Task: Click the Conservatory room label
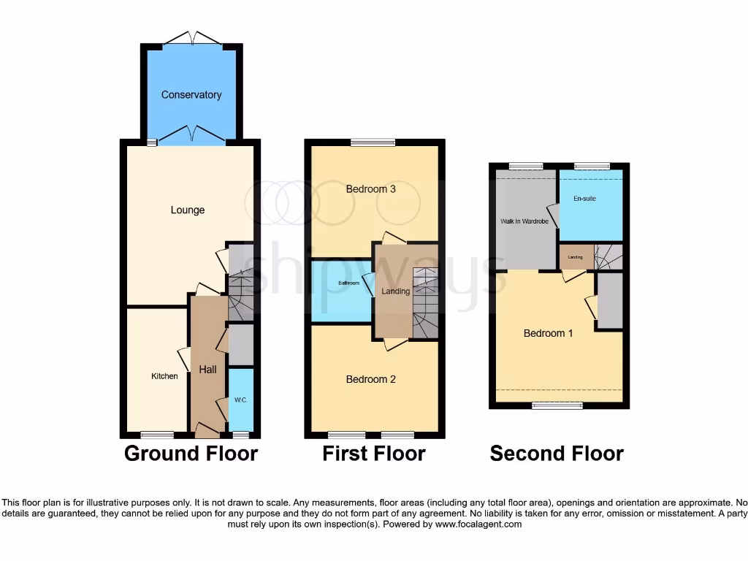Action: click(191, 95)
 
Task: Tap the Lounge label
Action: click(188, 210)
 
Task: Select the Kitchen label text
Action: click(164, 376)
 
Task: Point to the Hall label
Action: click(208, 370)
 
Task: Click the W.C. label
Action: click(240, 400)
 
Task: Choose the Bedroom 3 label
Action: click(371, 189)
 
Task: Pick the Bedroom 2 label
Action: click(371, 379)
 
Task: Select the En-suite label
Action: click(584, 198)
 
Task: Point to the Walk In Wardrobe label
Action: click(524, 221)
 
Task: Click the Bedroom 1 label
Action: click(548, 333)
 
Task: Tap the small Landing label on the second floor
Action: click(576, 257)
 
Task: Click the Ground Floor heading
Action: click(191, 454)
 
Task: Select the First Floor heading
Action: click(374, 454)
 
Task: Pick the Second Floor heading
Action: click(557, 454)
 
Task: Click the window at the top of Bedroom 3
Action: click(373, 142)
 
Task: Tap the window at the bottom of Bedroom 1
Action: click(552, 405)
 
